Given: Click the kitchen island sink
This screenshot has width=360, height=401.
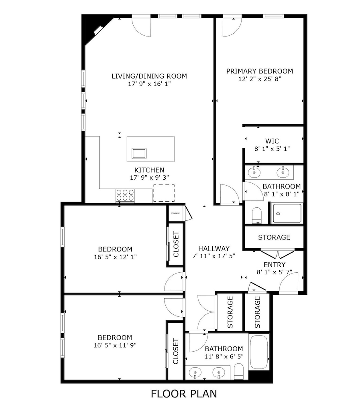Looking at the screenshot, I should pyautogui.click(x=139, y=153).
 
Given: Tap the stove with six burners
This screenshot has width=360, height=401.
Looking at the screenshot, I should pyautogui.click(x=125, y=195).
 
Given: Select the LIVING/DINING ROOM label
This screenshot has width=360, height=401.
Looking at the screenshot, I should pyautogui.click(x=149, y=76).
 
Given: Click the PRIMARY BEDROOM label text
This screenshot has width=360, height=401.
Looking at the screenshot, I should pyautogui.click(x=259, y=71).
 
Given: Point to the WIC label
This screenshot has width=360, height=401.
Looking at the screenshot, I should pyautogui.click(x=272, y=141).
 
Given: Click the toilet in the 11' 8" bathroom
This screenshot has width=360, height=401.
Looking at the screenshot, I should pyautogui.click(x=239, y=371).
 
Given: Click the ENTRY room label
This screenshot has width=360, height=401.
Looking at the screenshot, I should pyautogui.click(x=275, y=265).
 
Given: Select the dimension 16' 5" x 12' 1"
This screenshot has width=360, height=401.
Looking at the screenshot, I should pyautogui.click(x=115, y=257).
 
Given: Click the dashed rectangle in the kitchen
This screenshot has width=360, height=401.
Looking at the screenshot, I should pyautogui.click(x=164, y=193).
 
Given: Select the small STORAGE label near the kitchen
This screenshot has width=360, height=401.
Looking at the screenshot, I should pyautogui.click(x=175, y=213).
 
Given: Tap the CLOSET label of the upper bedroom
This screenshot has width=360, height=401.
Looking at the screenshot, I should pyautogui.click(x=175, y=245).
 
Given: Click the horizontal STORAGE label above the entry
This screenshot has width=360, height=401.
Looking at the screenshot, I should pyautogui.click(x=274, y=237).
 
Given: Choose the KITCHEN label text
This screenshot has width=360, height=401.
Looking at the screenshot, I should pyautogui.click(x=149, y=170).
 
